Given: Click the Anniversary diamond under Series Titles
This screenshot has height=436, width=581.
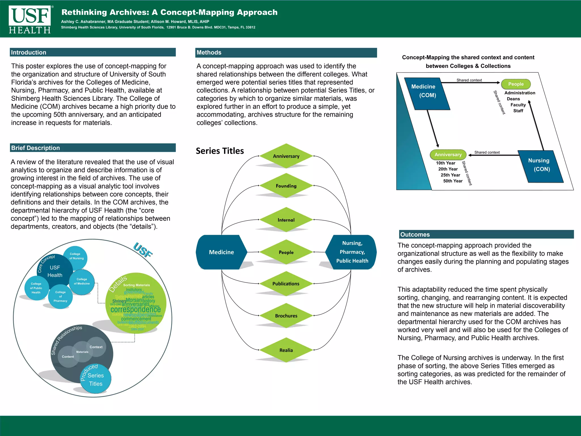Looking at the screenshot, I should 286,156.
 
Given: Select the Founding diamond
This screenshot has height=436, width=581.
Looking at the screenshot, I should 286,186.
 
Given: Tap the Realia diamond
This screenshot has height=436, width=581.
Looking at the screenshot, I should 286,350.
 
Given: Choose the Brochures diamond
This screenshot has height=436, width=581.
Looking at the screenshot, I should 286,316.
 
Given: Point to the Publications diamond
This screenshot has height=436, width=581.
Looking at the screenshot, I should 286,284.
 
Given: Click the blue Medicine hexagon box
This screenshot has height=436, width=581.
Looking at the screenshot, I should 221,252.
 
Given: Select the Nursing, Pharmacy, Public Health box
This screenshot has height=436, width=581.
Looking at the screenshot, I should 352,252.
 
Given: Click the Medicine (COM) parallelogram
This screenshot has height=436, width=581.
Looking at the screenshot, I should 427,93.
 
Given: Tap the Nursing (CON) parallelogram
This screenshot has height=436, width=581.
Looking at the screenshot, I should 541,166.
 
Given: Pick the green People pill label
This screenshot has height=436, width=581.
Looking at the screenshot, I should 516,84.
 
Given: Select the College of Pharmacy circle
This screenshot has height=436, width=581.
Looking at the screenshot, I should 60,297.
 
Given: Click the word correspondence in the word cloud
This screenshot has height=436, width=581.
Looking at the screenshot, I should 136,309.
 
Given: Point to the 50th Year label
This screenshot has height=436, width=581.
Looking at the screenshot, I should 453,181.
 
